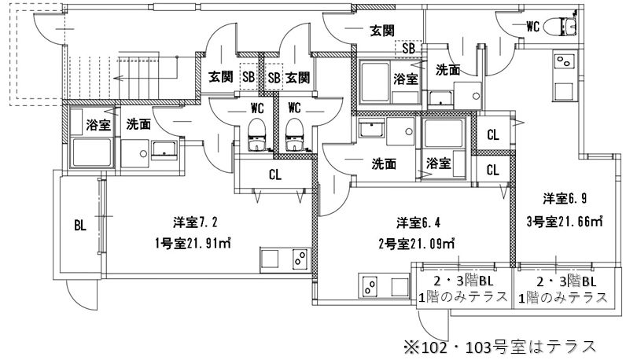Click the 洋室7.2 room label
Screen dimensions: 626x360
pyautogui.click(x=195, y=222)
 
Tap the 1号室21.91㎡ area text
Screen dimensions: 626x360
pyautogui.click(x=193, y=243)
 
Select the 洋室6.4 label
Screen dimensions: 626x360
pyautogui.click(x=418, y=222)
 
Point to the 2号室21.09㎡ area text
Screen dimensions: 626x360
pyautogui.click(x=416, y=243)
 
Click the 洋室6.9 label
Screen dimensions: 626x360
pyautogui.click(x=565, y=198)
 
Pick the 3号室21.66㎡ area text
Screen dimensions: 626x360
pyautogui.click(x=565, y=222)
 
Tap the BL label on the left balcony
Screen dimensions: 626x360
pyautogui.click(x=80, y=226)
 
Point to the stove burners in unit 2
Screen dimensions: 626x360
pyautogui.click(x=370, y=287)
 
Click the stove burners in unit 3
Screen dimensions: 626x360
pyautogui.click(x=565, y=61)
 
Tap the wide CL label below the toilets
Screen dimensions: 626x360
pyautogui.click(x=275, y=174)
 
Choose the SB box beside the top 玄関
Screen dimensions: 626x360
pyautogui.click(x=408, y=49)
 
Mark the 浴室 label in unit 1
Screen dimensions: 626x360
pyautogui.click(x=98, y=125)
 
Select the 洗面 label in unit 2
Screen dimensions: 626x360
pyautogui.click(x=384, y=163)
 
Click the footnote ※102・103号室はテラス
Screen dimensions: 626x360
pyautogui.click(x=499, y=347)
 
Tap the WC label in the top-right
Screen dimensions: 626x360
pyautogui.click(x=532, y=27)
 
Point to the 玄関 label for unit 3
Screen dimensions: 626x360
pyautogui.click(x=382, y=31)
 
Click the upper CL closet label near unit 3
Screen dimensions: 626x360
pyautogui.click(x=493, y=135)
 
